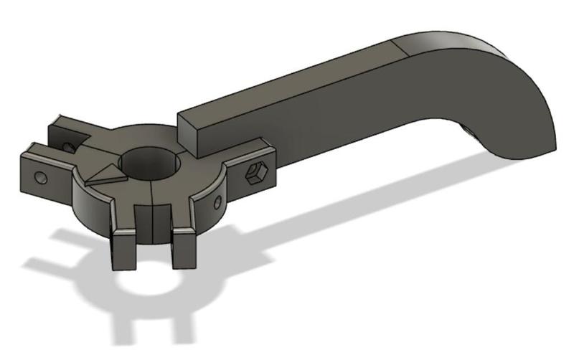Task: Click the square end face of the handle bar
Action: click(x=188, y=132)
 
